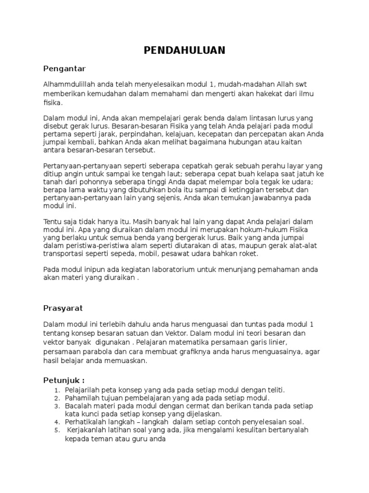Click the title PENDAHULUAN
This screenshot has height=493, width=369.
pos(185,51)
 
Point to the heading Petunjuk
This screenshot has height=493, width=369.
pos(64,380)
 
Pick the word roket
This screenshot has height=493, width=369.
pos(247,254)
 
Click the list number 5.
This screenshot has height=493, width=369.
pos(56,430)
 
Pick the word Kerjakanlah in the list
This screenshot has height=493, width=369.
pos(88,430)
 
